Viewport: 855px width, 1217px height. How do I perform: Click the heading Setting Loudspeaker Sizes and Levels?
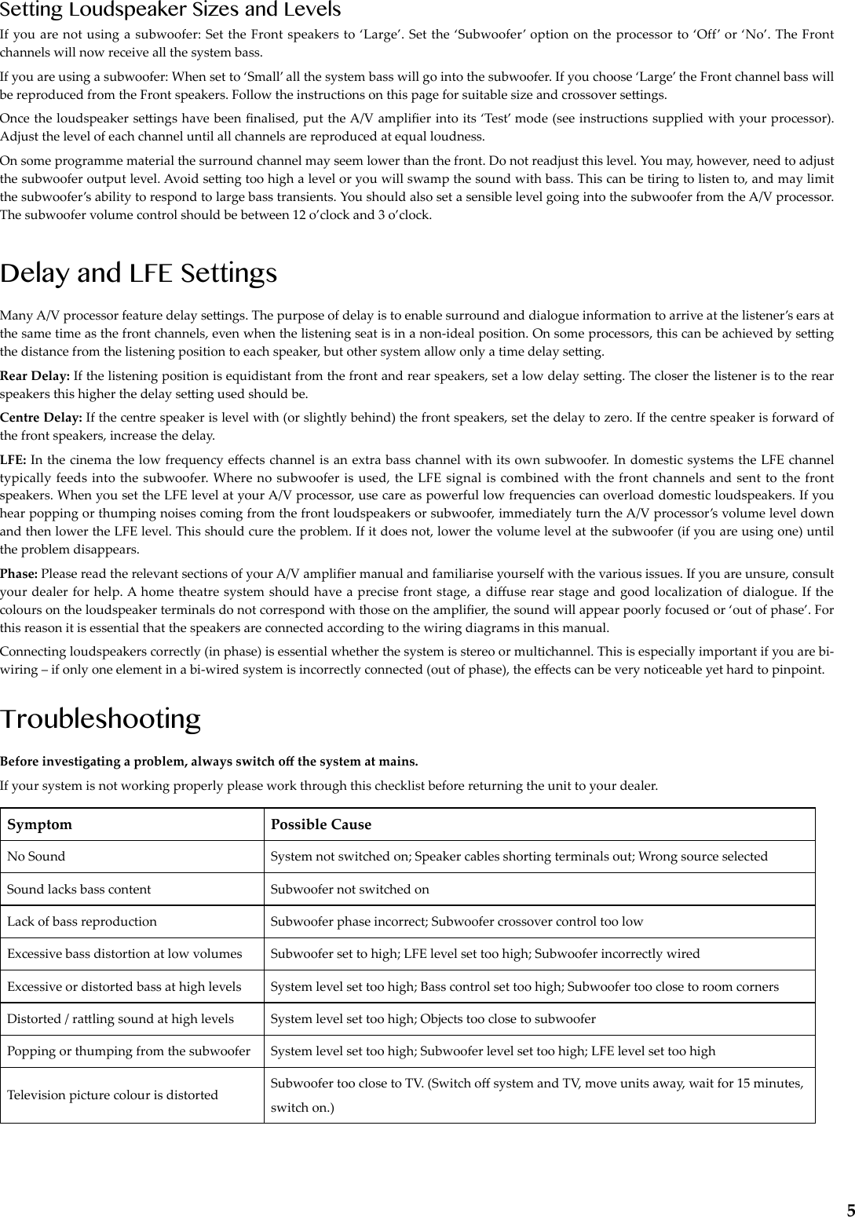click(x=170, y=10)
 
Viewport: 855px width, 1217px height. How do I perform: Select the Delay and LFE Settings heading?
click(x=139, y=273)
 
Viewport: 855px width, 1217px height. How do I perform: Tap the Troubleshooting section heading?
click(x=100, y=718)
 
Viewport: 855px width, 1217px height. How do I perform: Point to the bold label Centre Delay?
click(x=42, y=417)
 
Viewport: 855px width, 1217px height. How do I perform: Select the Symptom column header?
click(x=39, y=824)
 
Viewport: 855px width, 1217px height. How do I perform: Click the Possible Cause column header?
click(x=320, y=824)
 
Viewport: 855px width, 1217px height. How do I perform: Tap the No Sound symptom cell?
click(x=36, y=857)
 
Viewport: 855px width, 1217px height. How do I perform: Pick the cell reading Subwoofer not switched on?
click(x=349, y=890)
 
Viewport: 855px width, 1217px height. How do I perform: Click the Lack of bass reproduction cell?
click(x=82, y=922)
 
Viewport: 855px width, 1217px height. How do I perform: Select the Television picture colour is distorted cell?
click(x=112, y=1095)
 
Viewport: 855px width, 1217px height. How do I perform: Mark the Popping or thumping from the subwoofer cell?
click(x=129, y=1051)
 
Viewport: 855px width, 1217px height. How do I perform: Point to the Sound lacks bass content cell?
click(x=79, y=890)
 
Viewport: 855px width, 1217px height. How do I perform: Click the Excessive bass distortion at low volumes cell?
click(x=124, y=954)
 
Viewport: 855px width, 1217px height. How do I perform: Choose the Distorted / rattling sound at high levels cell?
click(x=120, y=1019)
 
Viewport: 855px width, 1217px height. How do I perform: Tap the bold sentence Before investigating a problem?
click(x=209, y=762)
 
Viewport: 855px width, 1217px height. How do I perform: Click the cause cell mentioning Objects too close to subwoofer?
click(x=433, y=1019)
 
